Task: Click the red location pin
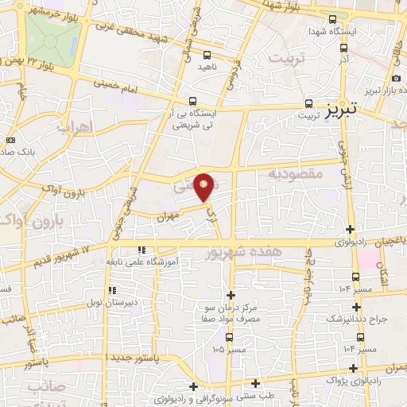coord(203,186)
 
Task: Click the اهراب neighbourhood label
coord(76,127)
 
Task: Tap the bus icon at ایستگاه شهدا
coord(331,18)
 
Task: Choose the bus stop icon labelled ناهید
coord(207,56)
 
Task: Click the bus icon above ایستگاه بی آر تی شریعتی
coord(193,102)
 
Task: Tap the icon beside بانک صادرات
coord(10,140)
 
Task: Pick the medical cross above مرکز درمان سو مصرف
coord(231,294)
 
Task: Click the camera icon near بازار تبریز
coord(396,78)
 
